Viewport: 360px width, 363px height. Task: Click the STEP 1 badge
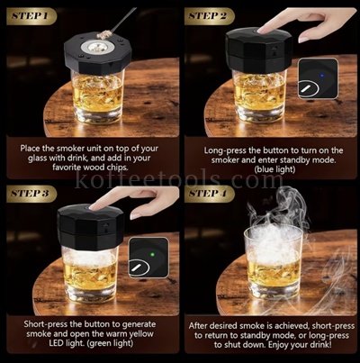pos(31,16)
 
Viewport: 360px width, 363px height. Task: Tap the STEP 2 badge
pos(209,16)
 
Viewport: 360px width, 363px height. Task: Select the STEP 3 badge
pos(31,194)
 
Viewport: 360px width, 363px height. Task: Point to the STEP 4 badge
pos(209,194)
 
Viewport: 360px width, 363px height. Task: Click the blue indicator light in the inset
pos(322,75)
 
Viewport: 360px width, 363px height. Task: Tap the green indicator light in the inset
pos(152,255)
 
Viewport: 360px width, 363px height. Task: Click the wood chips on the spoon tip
pos(104,34)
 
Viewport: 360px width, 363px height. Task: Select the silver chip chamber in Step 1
pos(97,47)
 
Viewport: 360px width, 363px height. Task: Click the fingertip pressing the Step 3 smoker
pos(94,206)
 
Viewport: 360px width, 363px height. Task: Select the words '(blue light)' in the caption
pos(274,169)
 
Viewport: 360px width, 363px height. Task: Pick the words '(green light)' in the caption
pos(110,343)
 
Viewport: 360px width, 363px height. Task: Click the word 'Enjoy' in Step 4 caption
pos(280,344)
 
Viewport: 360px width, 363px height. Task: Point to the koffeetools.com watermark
pos(179,180)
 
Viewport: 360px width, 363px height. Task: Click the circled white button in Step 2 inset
pos(308,88)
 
